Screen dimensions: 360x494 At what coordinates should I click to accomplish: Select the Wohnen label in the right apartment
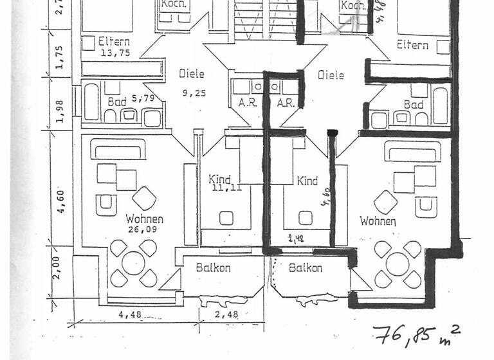pyautogui.click(x=378, y=221)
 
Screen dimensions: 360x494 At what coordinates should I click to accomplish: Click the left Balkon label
pyautogui.click(x=213, y=268)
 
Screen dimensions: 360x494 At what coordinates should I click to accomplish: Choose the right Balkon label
pyautogui.click(x=306, y=268)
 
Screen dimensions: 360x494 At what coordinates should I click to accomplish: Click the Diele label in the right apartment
pyautogui.click(x=331, y=75)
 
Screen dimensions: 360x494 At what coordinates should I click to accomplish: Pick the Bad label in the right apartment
pyautogui.click(x=413, y=105)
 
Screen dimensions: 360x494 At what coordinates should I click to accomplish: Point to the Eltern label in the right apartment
pyautogui.click(x=412, y=45)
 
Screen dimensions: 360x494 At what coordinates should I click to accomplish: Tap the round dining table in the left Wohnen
pyautogui.click(x=133, y=263)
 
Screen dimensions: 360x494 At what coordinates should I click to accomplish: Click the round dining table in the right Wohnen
pyautogui.click(x=398, y=264)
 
